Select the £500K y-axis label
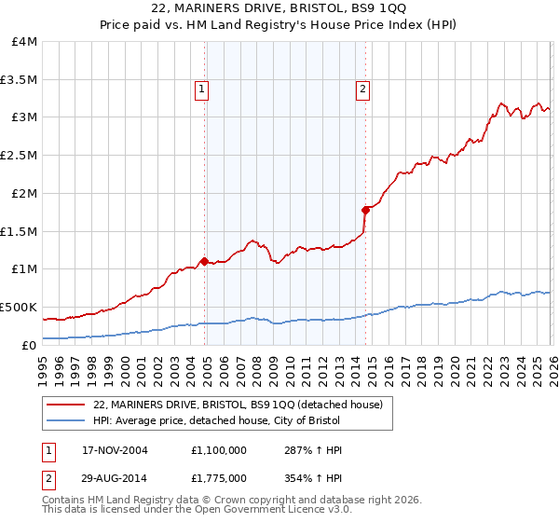pyautogui.click(x=19, y=307)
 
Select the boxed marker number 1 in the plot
pyautogui.click(x=202, y=89)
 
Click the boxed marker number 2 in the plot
pyautogui.click(x=361, y=89)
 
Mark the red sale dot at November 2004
pyautogui.click(x=205, y=261)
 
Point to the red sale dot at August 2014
pyautogui.click(x=365, y=210)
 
